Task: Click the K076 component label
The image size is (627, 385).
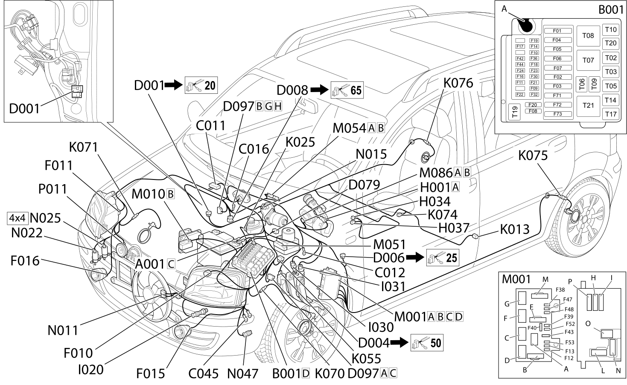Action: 458,83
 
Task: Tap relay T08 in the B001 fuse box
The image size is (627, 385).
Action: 588,36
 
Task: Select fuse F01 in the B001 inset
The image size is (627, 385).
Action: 557,31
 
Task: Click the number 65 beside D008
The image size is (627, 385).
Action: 356,90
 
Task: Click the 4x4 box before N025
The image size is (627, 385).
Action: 17,218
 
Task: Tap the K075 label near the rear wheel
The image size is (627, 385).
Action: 533,156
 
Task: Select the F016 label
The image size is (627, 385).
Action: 25,261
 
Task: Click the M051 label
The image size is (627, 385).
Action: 389,245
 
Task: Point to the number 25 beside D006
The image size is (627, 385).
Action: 452,258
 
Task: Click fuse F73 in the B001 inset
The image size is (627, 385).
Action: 557,114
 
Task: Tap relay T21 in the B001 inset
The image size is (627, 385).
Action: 588,105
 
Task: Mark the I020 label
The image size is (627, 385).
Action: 90,370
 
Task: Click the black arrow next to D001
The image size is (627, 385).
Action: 174,85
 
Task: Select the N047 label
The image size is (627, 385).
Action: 242,374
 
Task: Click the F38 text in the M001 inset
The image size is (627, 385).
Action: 560,289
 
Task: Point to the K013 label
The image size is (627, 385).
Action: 515,229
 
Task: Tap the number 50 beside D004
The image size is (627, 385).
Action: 436,343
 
